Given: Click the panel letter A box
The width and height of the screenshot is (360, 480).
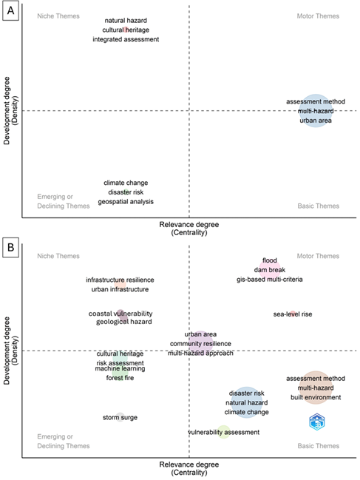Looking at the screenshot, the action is point(10,10).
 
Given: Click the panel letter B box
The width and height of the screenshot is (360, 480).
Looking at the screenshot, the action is point(10,247).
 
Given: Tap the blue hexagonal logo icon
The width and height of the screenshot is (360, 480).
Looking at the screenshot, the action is point(317,422).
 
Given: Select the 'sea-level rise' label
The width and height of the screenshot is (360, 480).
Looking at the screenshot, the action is point(293,314).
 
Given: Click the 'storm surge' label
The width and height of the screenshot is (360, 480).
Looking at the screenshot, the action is point(120,418).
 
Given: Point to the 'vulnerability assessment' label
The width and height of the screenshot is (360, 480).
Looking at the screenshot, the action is point(223,432).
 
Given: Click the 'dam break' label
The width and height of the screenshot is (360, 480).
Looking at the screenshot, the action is point(270,270).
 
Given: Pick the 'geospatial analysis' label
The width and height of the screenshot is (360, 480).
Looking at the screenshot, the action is point(126,202).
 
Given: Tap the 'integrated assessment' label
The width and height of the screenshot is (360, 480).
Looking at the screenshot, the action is point(126,39).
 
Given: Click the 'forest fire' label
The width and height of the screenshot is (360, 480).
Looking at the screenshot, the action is point(120,378).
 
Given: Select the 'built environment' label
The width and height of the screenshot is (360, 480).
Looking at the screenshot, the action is point(316,397).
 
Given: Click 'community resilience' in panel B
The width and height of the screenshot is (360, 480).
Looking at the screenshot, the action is point(200,344).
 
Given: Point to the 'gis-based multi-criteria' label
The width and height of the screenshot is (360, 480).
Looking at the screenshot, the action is point(270,280).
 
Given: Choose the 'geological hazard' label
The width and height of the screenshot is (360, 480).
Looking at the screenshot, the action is point(124,322).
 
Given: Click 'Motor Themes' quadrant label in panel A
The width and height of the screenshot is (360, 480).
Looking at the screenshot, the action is point(318,16).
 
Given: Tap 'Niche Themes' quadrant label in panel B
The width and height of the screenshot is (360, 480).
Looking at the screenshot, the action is point(58,256).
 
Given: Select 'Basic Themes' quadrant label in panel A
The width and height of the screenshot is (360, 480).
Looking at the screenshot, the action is point(319,206).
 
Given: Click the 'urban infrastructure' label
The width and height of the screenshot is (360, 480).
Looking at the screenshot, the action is point(120,289).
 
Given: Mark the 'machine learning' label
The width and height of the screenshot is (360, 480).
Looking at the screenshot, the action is point(120,368).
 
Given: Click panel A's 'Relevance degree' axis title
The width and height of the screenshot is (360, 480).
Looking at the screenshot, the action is point(189,225).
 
